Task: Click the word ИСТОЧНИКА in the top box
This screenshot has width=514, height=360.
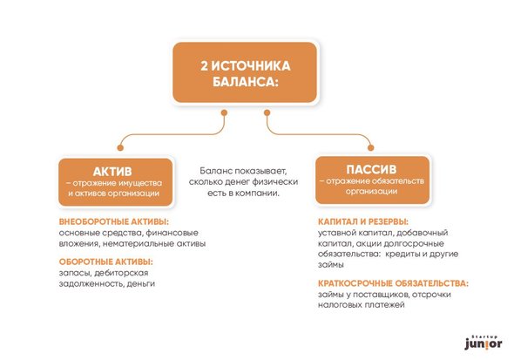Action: (x=251, y=66)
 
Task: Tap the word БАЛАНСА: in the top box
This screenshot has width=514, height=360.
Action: (x=245, y=82)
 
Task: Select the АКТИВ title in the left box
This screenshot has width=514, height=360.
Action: (x=112, y=172)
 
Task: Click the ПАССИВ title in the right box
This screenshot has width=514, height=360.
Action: (x=371, y=169)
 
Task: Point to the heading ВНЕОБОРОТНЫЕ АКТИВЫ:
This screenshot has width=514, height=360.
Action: (x=114, y=222)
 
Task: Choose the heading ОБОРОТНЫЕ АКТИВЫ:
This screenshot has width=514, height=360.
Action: (x=106, y=262)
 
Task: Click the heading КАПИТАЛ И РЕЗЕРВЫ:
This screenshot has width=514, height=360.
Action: (x=363, y=222)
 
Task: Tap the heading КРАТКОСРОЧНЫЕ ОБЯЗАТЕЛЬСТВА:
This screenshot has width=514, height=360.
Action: (x=394, y=283)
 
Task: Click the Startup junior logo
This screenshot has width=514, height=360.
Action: (x=484, y=343)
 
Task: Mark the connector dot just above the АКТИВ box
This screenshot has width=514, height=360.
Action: (x=120, y=148)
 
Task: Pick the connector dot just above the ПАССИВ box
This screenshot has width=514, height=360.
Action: (x=371, y=148)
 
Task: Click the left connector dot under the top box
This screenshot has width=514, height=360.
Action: (x=224, y=112)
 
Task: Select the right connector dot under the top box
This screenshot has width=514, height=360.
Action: (x=267, y=112)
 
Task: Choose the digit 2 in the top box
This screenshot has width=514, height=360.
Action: (x=204, y=66)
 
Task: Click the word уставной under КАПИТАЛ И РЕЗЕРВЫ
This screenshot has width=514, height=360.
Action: (x=336, y=233)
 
